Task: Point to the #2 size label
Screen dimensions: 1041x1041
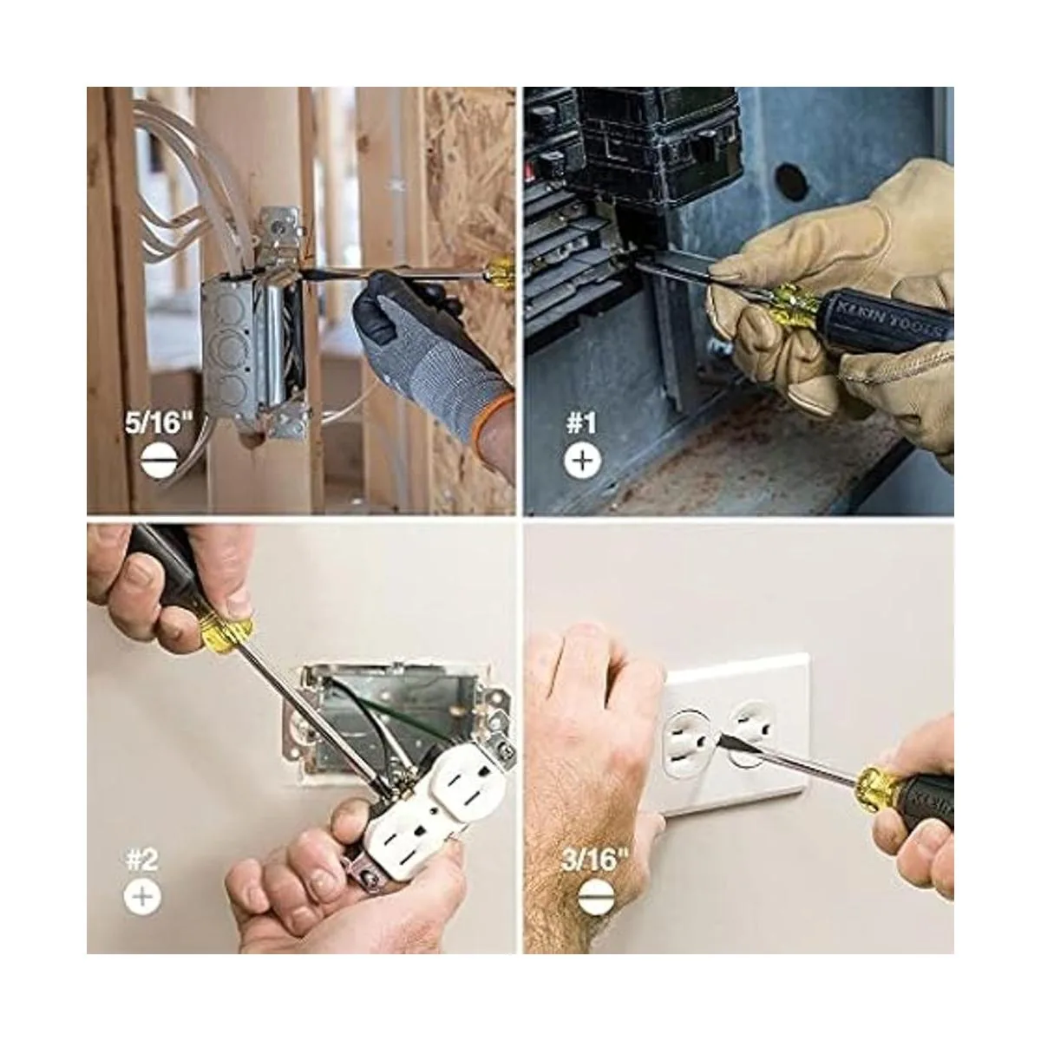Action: point(142,859)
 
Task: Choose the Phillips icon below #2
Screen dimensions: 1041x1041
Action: point(142,897)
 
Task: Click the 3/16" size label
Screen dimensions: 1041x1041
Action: point(595,859)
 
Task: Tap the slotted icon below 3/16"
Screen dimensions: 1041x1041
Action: point(596,897)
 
